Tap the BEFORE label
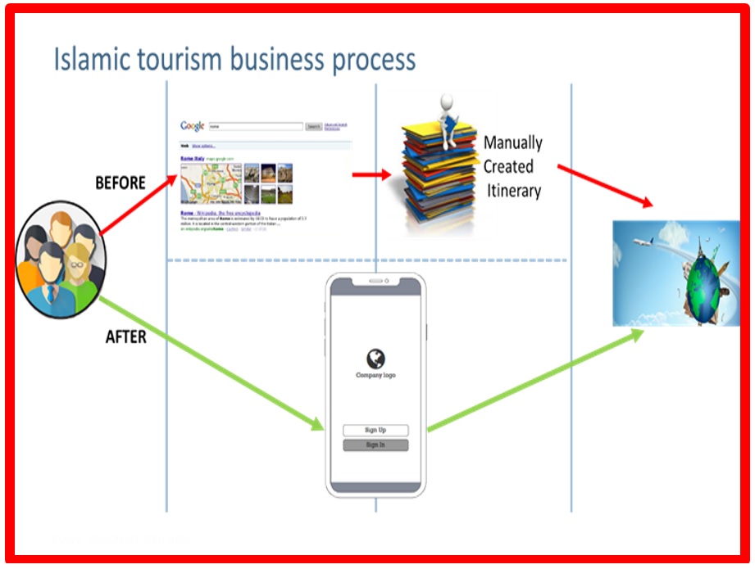pyautogui.click(x=121, y=183)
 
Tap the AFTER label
pyautogui.click(x=126, y=336)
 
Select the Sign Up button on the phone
pyautogui.click(x=375, y=430)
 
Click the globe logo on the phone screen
pyautogui.click(x=375, y=358)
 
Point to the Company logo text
pyautogui.click(x=375, y=375)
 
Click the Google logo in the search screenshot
pyautogui.click(x=193, y=126)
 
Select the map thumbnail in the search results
pyautogui.click(x=210, y=183)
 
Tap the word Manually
pyautogui.click(x=512, y=142)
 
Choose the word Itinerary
pyautogui.click(x=512, y=191)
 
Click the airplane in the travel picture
pyautogui.click(x=644, y=242)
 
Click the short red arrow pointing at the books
pyautogui.click(x=371, y=174)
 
